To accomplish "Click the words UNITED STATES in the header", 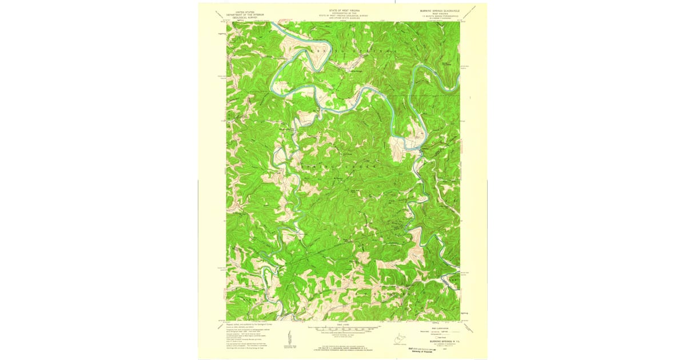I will [241, 11].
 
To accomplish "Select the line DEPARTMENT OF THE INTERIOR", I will [241, 14].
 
